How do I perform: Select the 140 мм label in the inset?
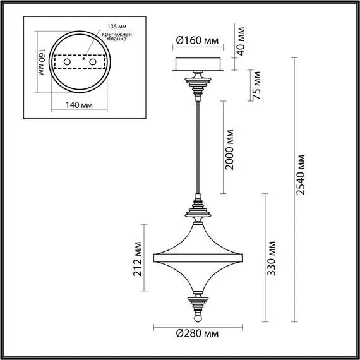click(80, 105)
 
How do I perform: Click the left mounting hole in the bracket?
click(63, 64)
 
